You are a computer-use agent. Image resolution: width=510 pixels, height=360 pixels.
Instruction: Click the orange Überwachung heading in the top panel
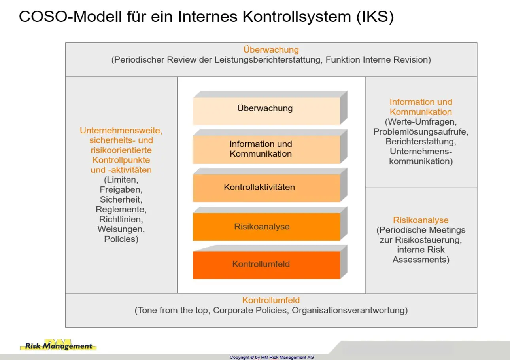point(271,50)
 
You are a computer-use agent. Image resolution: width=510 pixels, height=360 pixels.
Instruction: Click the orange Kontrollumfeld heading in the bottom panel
point(271,300)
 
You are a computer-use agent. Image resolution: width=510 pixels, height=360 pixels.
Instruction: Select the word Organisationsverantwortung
point(349,310)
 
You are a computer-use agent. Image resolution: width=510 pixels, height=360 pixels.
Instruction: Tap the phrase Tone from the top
point(171,310)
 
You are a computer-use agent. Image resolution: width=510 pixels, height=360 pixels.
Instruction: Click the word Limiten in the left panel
point(121,180)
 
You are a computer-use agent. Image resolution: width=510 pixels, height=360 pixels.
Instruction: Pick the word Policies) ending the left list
point(121,239)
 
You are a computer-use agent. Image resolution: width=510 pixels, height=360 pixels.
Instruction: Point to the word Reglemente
point(121,209)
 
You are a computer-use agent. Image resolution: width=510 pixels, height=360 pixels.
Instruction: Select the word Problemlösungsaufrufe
point(421,132)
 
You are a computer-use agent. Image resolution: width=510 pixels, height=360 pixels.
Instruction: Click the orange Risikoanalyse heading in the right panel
point(421,220)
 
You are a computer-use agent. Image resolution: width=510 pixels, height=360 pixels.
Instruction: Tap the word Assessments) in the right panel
point(421,260)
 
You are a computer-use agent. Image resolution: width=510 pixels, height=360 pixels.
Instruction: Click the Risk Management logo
point(58,345)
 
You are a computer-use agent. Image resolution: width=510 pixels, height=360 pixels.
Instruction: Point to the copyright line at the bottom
point(272,357)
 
